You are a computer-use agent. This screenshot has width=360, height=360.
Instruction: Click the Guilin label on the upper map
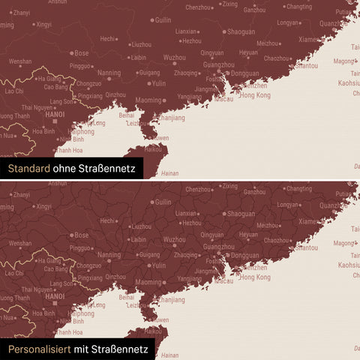point(163,20)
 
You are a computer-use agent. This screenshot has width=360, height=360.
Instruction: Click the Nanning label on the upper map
point(109,73)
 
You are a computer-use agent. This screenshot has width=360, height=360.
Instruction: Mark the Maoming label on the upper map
point(148,100)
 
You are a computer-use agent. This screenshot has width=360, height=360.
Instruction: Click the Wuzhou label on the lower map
point(175,239)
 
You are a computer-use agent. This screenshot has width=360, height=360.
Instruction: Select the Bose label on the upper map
point(81,52)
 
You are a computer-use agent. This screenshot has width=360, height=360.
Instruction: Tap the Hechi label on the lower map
point(108,220)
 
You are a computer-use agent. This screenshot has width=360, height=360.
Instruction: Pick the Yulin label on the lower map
point(158,265)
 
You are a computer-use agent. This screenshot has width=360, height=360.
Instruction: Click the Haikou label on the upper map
point(153,148)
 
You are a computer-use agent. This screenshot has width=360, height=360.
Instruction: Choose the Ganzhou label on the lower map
point(254,192)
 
